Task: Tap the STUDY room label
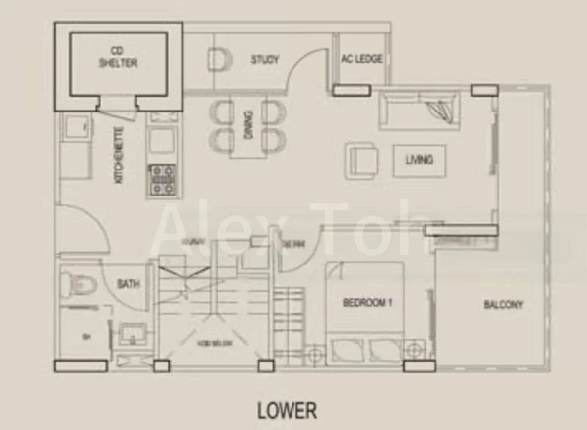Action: click(264, 59)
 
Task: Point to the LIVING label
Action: click(419, 159)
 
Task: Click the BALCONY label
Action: click(503, 305)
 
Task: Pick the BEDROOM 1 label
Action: click(369, 300)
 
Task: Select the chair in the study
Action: click(218, 59)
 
